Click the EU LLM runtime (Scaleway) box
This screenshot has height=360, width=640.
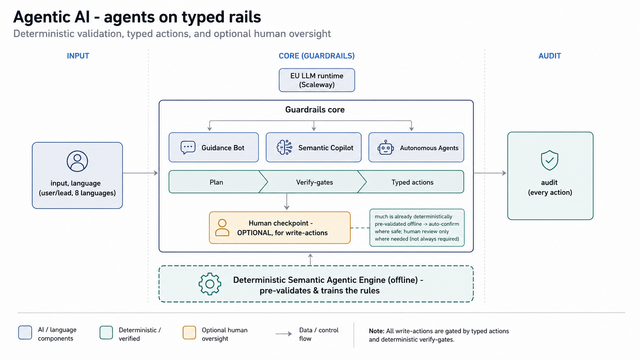(x=317, y=80)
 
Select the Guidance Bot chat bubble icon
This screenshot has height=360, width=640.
(x=188, y=148)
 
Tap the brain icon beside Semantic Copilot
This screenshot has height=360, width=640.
(x=284, y=147)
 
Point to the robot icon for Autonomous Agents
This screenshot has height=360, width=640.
(x=385, y=147)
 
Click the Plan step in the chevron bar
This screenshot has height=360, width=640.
(x=216, y=182)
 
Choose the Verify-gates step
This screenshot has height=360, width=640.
(x=314, y=182)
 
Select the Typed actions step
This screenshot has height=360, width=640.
(x=412, y=182)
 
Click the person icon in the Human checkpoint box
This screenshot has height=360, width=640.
(x=222, y=228)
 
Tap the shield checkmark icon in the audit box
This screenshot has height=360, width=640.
(x=549, y=160)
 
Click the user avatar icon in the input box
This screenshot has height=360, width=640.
(x=77, y=161)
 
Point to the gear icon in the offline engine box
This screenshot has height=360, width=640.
(x=210, y=284)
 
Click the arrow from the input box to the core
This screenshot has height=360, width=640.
(x=140, y=173)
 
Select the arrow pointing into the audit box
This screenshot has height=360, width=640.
(x=490, y=173)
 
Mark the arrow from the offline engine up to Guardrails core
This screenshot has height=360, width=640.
(x=310, y=259)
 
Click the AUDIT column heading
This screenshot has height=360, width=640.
(x=550, y=56)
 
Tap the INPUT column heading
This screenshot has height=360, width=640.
(x=78, y=56)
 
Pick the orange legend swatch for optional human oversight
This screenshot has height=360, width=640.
(x=189, y=332)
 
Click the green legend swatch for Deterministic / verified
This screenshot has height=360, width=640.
(x=106, y=332)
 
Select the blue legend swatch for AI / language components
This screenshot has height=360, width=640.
(x=25, y=332)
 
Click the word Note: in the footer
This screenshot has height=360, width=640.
(x=376, y=331)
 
